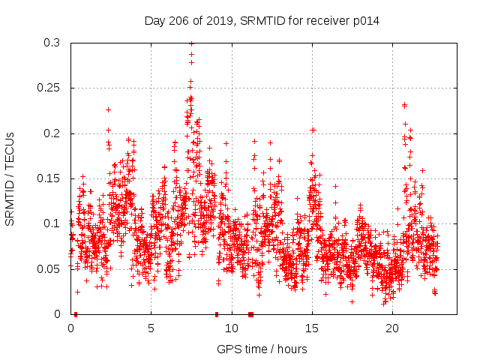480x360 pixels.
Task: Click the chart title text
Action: tap(262, 21)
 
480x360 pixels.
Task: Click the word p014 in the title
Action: tap(365, 21)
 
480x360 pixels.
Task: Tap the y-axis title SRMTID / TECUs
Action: tap(10, 178)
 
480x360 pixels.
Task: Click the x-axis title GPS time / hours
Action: tap(262, 349)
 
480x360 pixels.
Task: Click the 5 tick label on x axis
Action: tap(151, 328)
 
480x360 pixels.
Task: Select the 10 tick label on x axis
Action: tap(231, 328)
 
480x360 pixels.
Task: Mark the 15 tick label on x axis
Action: tap(311, 328)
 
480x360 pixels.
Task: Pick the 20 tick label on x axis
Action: tap(391, 328)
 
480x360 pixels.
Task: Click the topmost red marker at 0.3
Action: tap(191, 43)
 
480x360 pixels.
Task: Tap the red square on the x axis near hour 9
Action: tap(217, 314)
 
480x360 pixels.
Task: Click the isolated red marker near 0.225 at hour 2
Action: tap(108, 110)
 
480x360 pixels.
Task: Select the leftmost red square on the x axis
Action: tap(76, 314)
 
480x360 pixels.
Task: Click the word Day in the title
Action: tap(155, 21)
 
